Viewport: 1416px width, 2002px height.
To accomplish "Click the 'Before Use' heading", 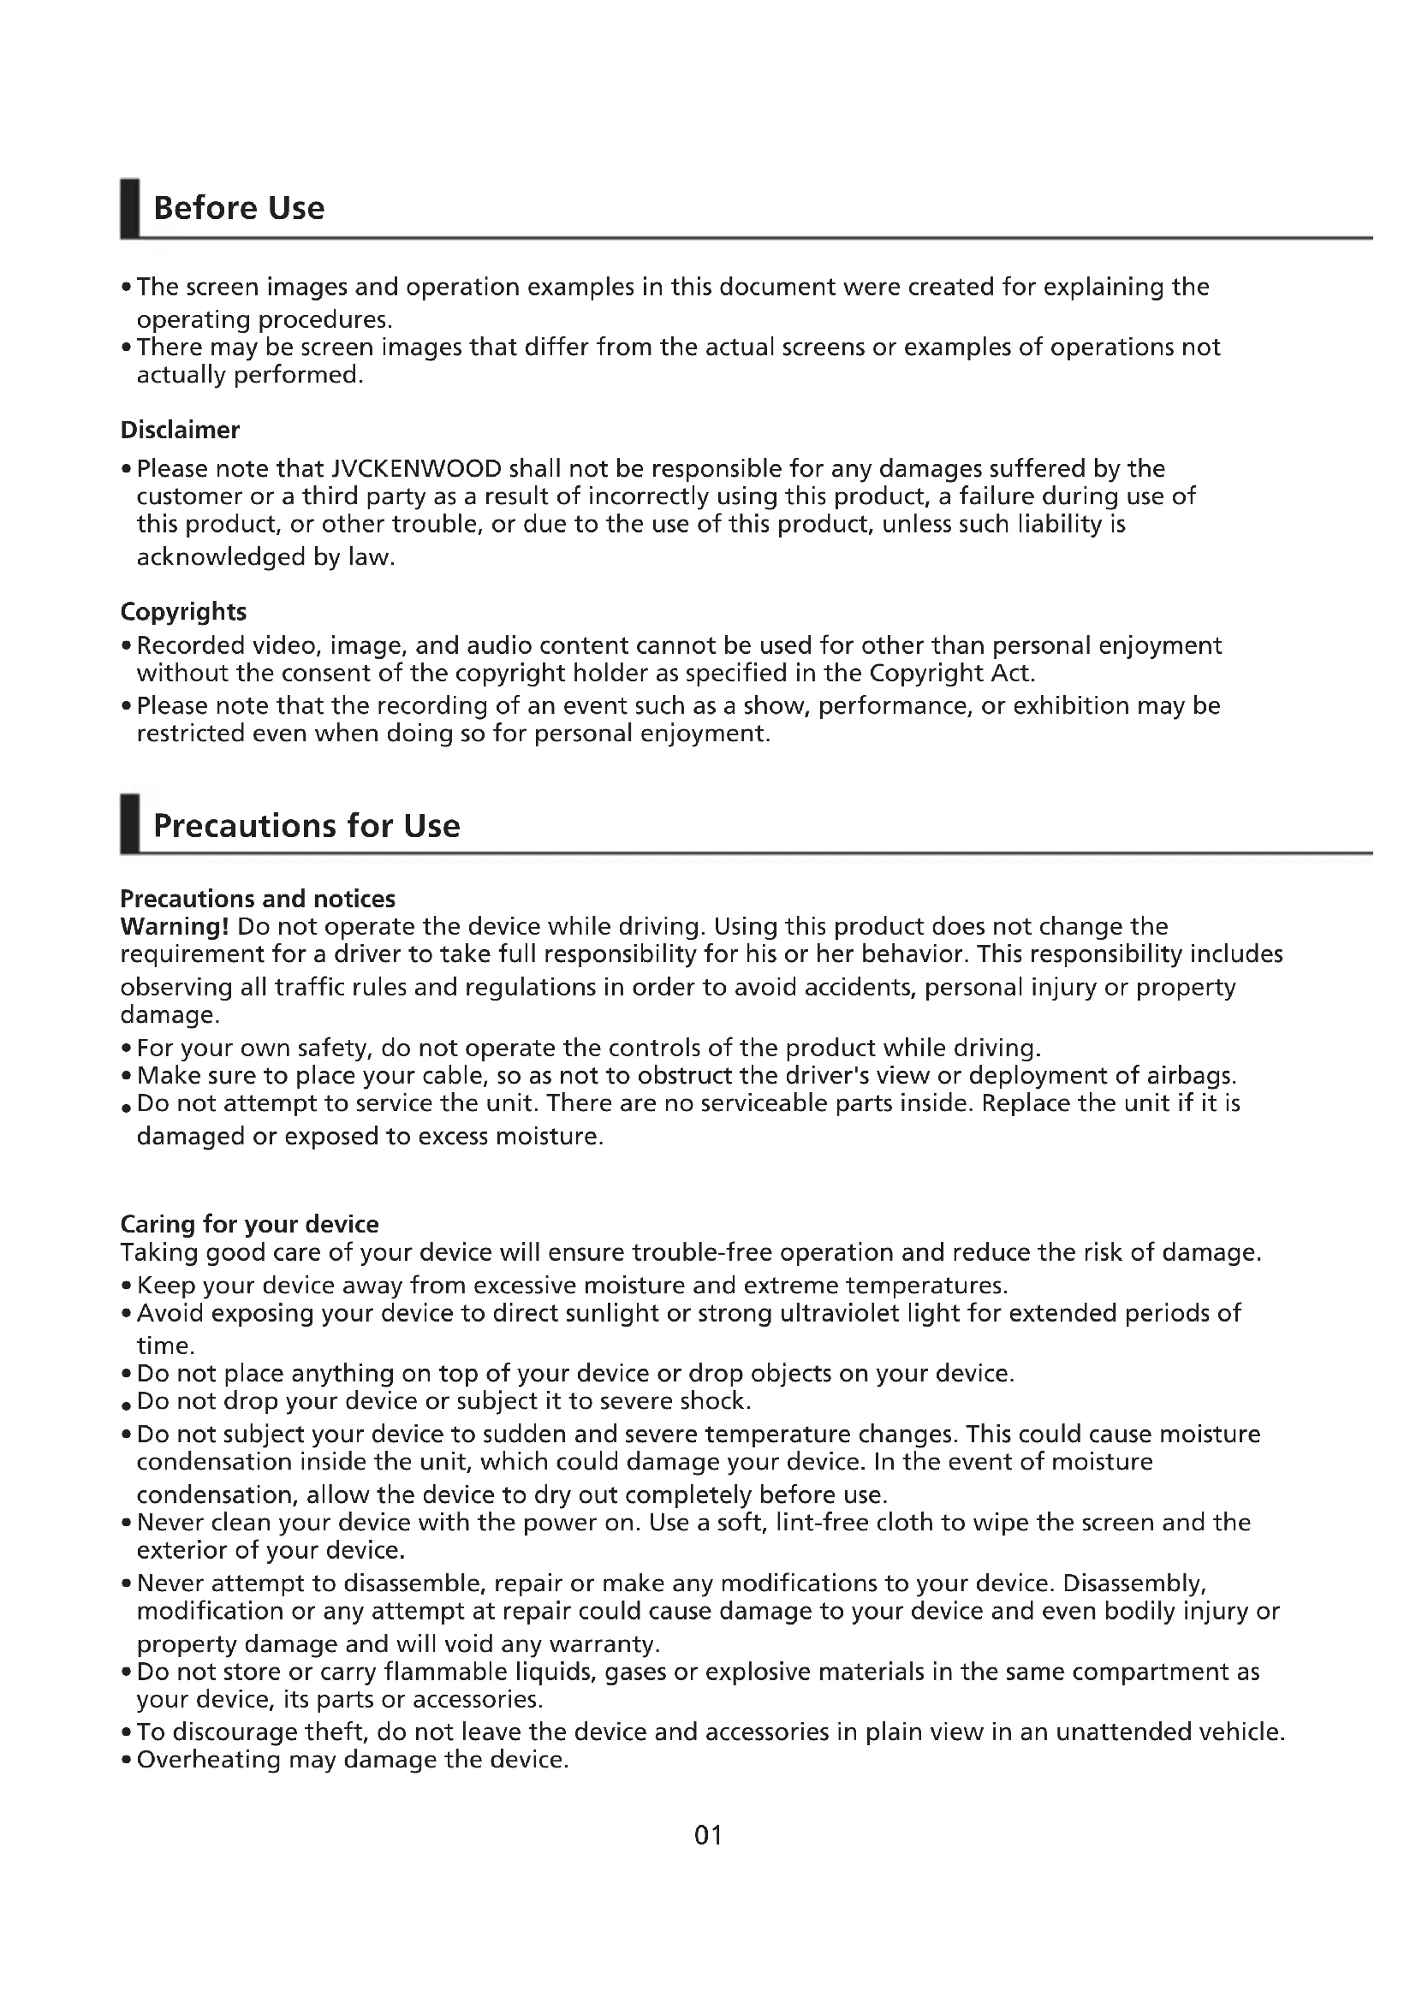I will coord(238,208).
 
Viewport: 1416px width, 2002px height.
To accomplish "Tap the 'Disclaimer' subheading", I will coord(180,430).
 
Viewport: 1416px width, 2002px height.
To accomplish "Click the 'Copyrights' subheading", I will coord(183,611).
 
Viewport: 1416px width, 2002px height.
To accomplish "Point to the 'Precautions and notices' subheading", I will coord(257,899).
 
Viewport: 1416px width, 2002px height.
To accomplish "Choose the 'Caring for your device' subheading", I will coord(249,1224).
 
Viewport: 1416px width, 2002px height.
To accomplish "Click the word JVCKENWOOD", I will coord(417,469).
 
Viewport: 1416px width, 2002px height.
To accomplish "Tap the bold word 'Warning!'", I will coord(175,926).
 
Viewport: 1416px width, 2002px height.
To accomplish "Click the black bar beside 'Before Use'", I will coord(130,207).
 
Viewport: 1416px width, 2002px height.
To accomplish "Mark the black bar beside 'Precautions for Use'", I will coord(130,824).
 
